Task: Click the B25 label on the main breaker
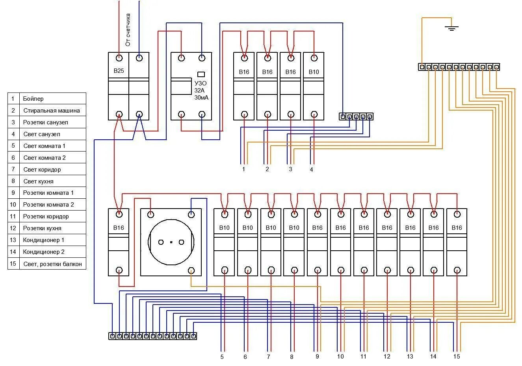pos(119,71)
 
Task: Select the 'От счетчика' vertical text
pos(128,30)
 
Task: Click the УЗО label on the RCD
pos(201,83)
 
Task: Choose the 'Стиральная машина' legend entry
pos(52,111)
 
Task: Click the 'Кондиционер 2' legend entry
pos(44,252)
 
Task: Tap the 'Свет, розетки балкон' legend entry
pos(52,264)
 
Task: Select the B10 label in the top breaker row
pos(314,72)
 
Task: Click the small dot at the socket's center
pos(171,242)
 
